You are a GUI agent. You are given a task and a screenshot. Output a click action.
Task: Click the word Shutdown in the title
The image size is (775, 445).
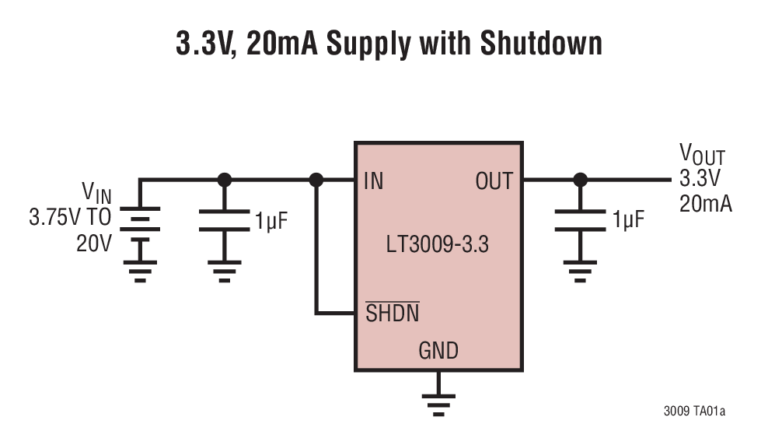click(x=540, y=44)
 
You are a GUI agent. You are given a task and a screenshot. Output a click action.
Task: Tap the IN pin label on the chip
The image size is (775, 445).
click(x=373, y=181)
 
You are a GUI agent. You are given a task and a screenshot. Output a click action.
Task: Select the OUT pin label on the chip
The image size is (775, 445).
click(x=494, y=181)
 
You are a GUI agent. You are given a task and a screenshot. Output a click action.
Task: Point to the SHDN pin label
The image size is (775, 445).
click(x=393, y=313)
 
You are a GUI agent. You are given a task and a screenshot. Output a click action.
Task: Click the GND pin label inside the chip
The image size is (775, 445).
click(x=438, y=351)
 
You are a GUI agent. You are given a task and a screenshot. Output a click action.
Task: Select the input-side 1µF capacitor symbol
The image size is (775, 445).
click(x=224, y=221)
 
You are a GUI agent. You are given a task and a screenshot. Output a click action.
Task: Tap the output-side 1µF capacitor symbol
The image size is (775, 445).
click(x=580, y=221)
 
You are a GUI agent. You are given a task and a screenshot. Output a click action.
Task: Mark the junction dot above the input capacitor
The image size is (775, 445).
click(x=224, y=180)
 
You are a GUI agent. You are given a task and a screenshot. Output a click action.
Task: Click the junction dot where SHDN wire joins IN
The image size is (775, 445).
click(x=316, y=180)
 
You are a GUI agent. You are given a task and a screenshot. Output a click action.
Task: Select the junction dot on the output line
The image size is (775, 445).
click(x=580, y=180)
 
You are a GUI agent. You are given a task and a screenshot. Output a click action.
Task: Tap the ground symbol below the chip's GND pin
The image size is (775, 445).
click(x=438, y=401)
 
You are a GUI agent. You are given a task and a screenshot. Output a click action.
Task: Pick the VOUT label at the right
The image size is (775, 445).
click(x=701, y=154)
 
